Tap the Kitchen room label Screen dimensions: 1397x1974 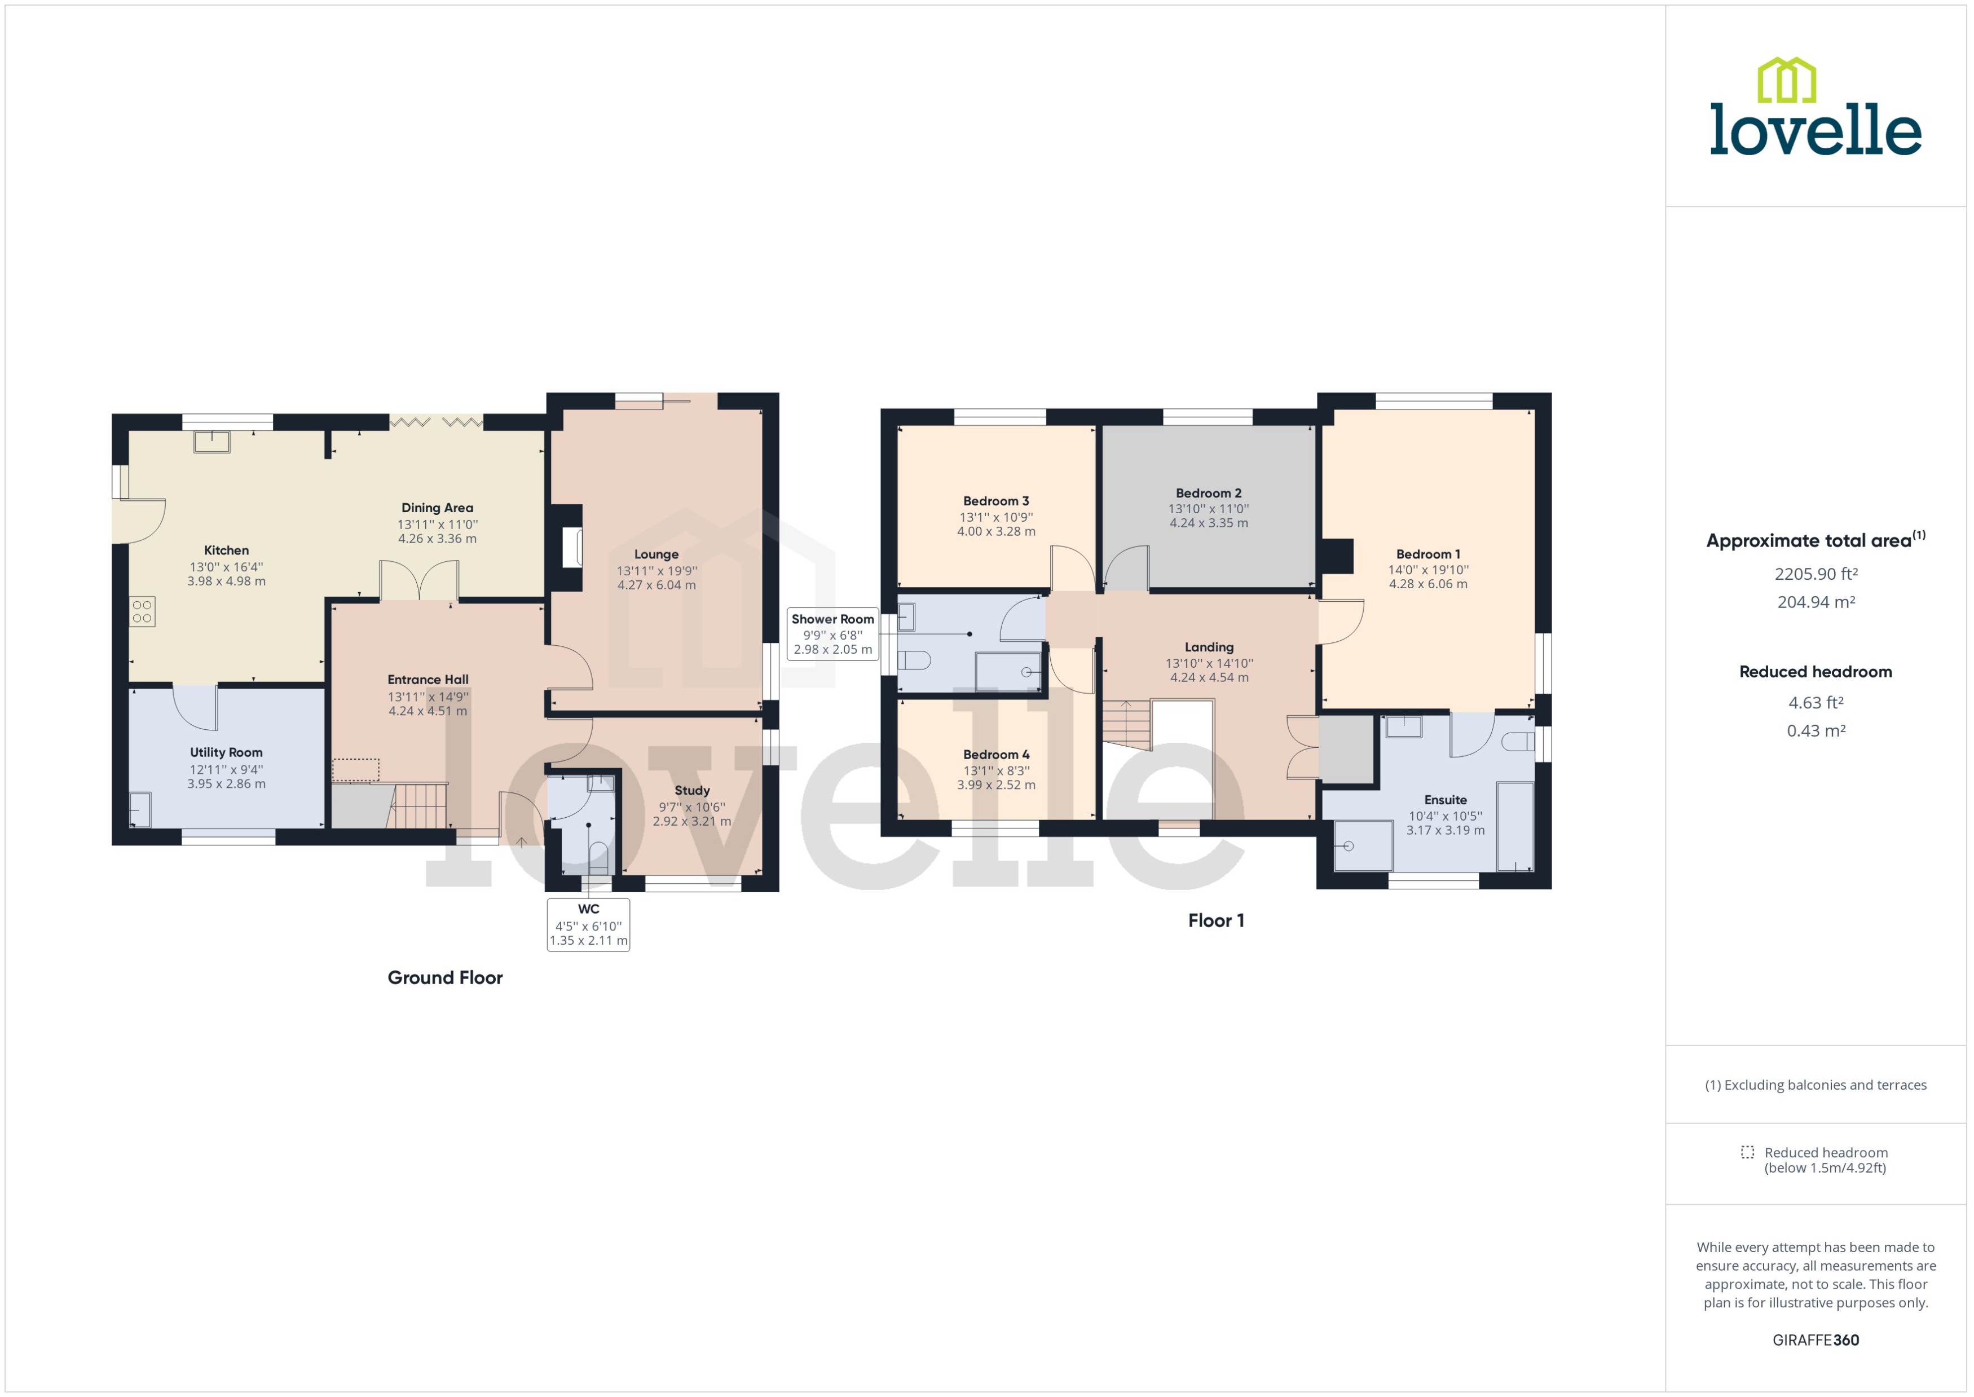click(226, 550)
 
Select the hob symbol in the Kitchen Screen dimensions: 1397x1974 click(143, 611)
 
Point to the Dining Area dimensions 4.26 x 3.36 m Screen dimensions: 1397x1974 click(437, 539)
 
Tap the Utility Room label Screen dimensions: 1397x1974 click(226, 753)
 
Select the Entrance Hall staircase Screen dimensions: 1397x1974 click(420, 805)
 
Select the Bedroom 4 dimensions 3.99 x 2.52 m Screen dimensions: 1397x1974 click(996, 786)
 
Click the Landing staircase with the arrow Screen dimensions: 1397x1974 click(1127, 724)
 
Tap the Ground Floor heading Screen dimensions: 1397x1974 click(444, 978)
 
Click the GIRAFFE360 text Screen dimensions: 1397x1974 click(1815, 1340)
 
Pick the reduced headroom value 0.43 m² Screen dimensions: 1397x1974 click(1815, 731)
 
